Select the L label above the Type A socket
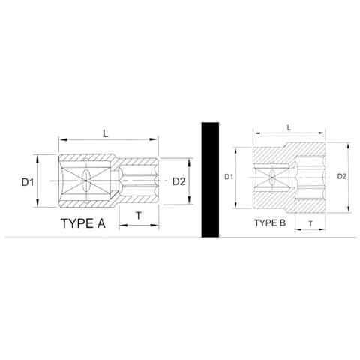(106, 133)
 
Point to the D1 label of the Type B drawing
(231, 177)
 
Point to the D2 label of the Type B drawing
(342, 177)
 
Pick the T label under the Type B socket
(310, 223)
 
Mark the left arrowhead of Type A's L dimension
(60, 140)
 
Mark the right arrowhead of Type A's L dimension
(159, 140)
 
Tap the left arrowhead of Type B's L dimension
(253, 137)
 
